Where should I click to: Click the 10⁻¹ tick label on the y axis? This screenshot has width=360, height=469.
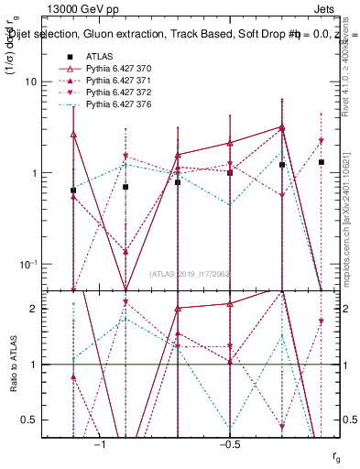pyautogui.click(x=29, y=265)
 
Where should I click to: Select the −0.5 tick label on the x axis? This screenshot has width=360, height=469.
pyautogui.click(x=229, y=443)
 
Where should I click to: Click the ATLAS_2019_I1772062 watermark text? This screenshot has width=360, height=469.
pyautogui.click(x=190, y=272)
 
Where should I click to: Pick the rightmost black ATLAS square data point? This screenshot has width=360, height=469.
pyautogui.click(x=322, y=162)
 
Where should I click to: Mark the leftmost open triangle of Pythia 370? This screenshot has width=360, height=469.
pyautogui.click(x=73, y=135)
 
